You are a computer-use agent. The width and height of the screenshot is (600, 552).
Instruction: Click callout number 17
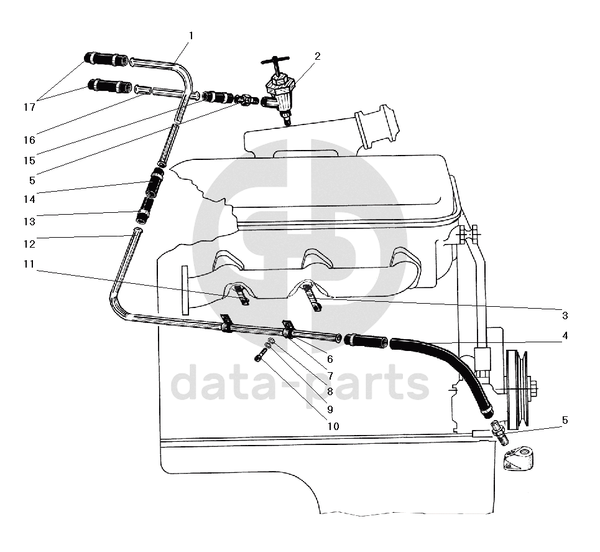30,107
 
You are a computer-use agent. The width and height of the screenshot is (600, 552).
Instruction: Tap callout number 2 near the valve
318,56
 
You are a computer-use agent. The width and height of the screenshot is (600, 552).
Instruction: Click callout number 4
565,335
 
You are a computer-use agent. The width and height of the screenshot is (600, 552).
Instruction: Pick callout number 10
333,426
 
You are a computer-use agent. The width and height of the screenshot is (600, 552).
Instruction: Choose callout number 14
30,199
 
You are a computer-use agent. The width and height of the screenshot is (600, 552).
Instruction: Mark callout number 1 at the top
191,35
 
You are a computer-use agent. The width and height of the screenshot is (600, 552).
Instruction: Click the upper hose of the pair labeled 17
107,60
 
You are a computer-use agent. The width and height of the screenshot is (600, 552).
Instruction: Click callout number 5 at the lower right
565,420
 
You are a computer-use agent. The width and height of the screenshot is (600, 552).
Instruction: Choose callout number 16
30,138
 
